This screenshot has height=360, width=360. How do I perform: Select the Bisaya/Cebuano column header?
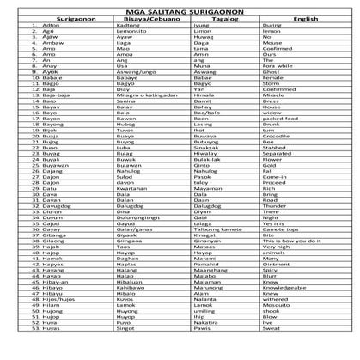[142, 16]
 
